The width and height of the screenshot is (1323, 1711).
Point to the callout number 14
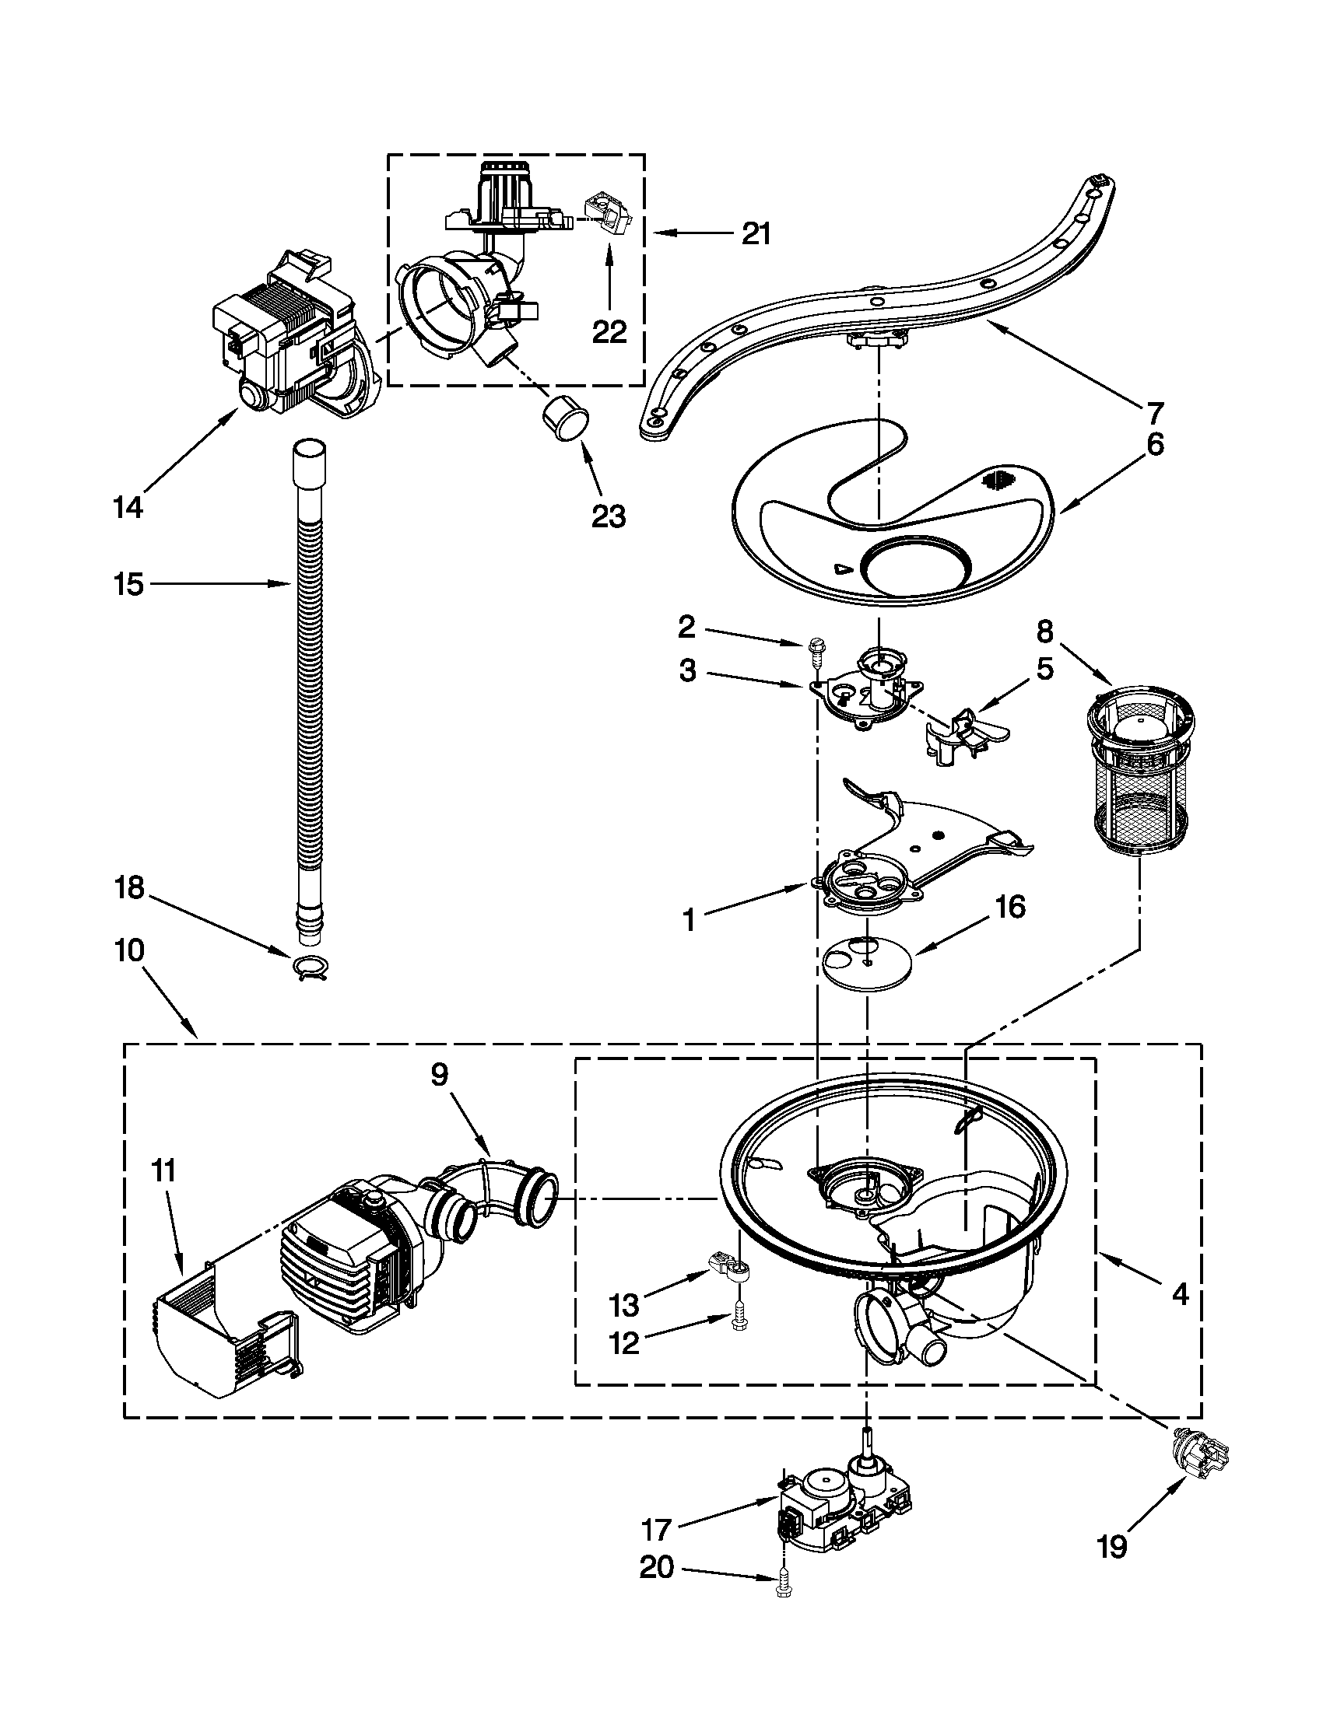tap(128, 507)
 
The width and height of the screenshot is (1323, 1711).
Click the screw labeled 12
tap(737, 1321)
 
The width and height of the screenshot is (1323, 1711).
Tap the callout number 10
tap(129, 950)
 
